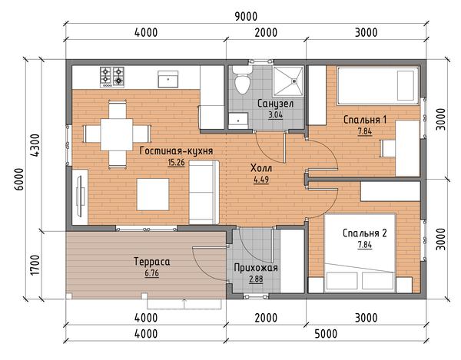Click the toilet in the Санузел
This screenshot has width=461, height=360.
[242, 80]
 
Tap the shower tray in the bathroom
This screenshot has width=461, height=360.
[288, 81]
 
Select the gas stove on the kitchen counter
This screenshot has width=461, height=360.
[112, 78]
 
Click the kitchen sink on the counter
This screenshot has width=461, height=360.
[167, 79]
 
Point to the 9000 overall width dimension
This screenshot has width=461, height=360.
[246, 17]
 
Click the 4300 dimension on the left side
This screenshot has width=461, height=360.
[35, 145]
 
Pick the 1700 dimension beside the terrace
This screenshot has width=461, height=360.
[35, 265]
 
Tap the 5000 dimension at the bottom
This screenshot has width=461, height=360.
[326, 334]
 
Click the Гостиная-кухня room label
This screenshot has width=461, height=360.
[176, 151]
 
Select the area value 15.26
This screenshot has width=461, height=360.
[176, 163]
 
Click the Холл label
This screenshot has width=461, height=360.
[261, 168]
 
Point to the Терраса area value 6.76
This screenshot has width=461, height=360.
[151, 273]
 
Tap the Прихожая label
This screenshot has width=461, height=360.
[256, 268]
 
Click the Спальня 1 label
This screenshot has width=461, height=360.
[365, 120]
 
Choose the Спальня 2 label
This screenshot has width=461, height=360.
[365, 233]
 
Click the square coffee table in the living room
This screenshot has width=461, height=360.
[153, 194]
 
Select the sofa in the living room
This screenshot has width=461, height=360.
[204, 193]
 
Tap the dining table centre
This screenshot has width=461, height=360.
[117, 134]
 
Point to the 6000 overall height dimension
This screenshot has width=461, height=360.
[19, 179]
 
